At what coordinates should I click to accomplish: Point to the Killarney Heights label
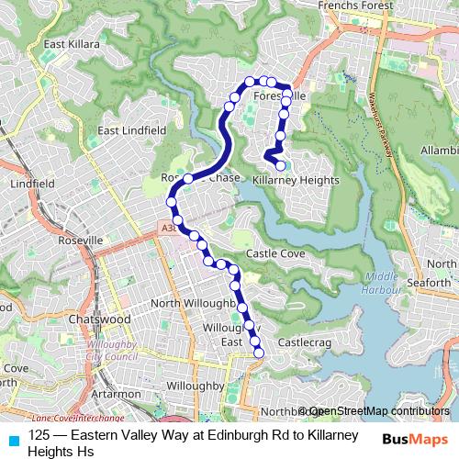pyautogui.click(x=295, y=181)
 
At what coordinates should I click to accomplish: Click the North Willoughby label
pyautogui.click(x=193, y=303)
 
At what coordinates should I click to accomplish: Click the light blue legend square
pyautogui.click(x=13, y=439)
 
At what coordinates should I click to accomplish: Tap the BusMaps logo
pyautogui.click(x=415, y=439)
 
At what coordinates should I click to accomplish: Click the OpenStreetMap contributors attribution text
pyautogui.click(x=378, y=411)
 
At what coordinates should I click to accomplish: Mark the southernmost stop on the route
pyautogui.click(x=258, y=352)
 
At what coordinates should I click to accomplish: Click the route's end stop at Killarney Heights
pyautogui.click(x=281, y=166)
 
